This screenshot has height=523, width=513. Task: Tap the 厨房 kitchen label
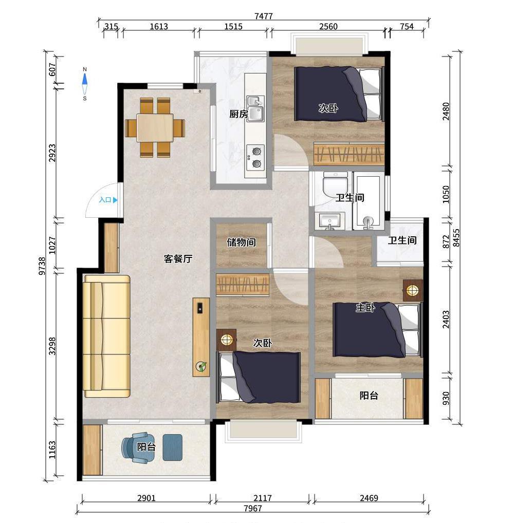[x=239, y=114]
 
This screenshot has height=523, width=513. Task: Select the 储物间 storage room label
[x=241, y=242]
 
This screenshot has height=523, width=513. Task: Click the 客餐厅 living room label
[x=178, y=258]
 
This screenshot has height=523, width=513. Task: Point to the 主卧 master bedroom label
[x=365, y=307]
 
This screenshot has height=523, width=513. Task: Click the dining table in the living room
[x=155, y=128]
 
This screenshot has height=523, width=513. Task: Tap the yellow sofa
[x=106, y=336]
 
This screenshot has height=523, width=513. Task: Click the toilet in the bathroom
[x=335, y=184]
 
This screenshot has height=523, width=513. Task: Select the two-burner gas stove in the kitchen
[x=255, y=157]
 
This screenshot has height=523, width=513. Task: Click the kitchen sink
[x=255, y=109]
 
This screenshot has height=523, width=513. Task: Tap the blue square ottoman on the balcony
[x=173, y=447]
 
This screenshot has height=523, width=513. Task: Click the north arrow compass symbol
[x=85, y=84]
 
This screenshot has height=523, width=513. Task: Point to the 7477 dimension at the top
[x=263, y=16]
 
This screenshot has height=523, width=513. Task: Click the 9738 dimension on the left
[x=42, y=266]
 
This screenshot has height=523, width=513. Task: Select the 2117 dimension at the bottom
[x=262, y=498]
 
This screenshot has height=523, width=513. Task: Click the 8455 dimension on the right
[x=456, y=238]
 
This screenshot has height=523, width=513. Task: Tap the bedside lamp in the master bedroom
[x=413, y=290]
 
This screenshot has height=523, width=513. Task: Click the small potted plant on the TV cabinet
[x=201, y=367]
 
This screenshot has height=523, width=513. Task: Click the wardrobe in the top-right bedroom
[x=349, y=154]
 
